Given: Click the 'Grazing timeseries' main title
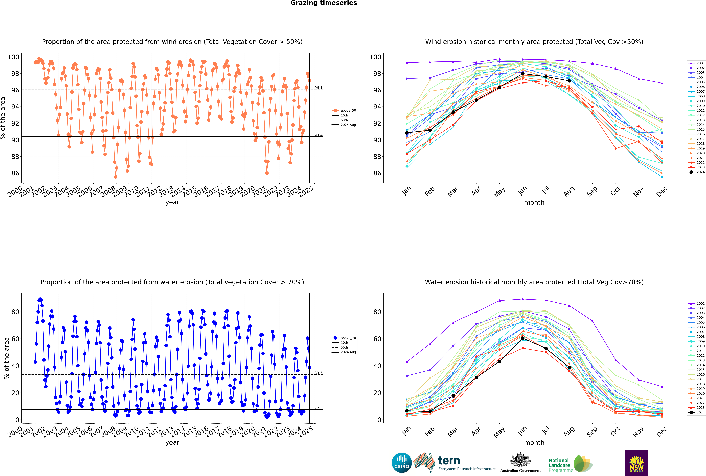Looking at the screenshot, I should (x=324, y=3).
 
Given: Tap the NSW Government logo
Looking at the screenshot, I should (x=636, y=462).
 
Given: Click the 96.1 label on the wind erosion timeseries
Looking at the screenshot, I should (x=318, y=88).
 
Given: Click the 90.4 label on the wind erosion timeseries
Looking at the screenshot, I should (x=318, y=135).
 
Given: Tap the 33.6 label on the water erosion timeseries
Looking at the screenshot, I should (x=318, y=373).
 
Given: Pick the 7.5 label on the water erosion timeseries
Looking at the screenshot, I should (x=317, y=408).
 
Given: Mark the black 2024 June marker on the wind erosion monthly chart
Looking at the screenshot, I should (x=523, y=74).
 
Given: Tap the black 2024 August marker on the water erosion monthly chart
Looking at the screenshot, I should (x=569, y=367).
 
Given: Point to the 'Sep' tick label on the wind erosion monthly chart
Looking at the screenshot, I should (x=592, y=191).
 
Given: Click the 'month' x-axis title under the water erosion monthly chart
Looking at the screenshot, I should (x=534, y=443).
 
